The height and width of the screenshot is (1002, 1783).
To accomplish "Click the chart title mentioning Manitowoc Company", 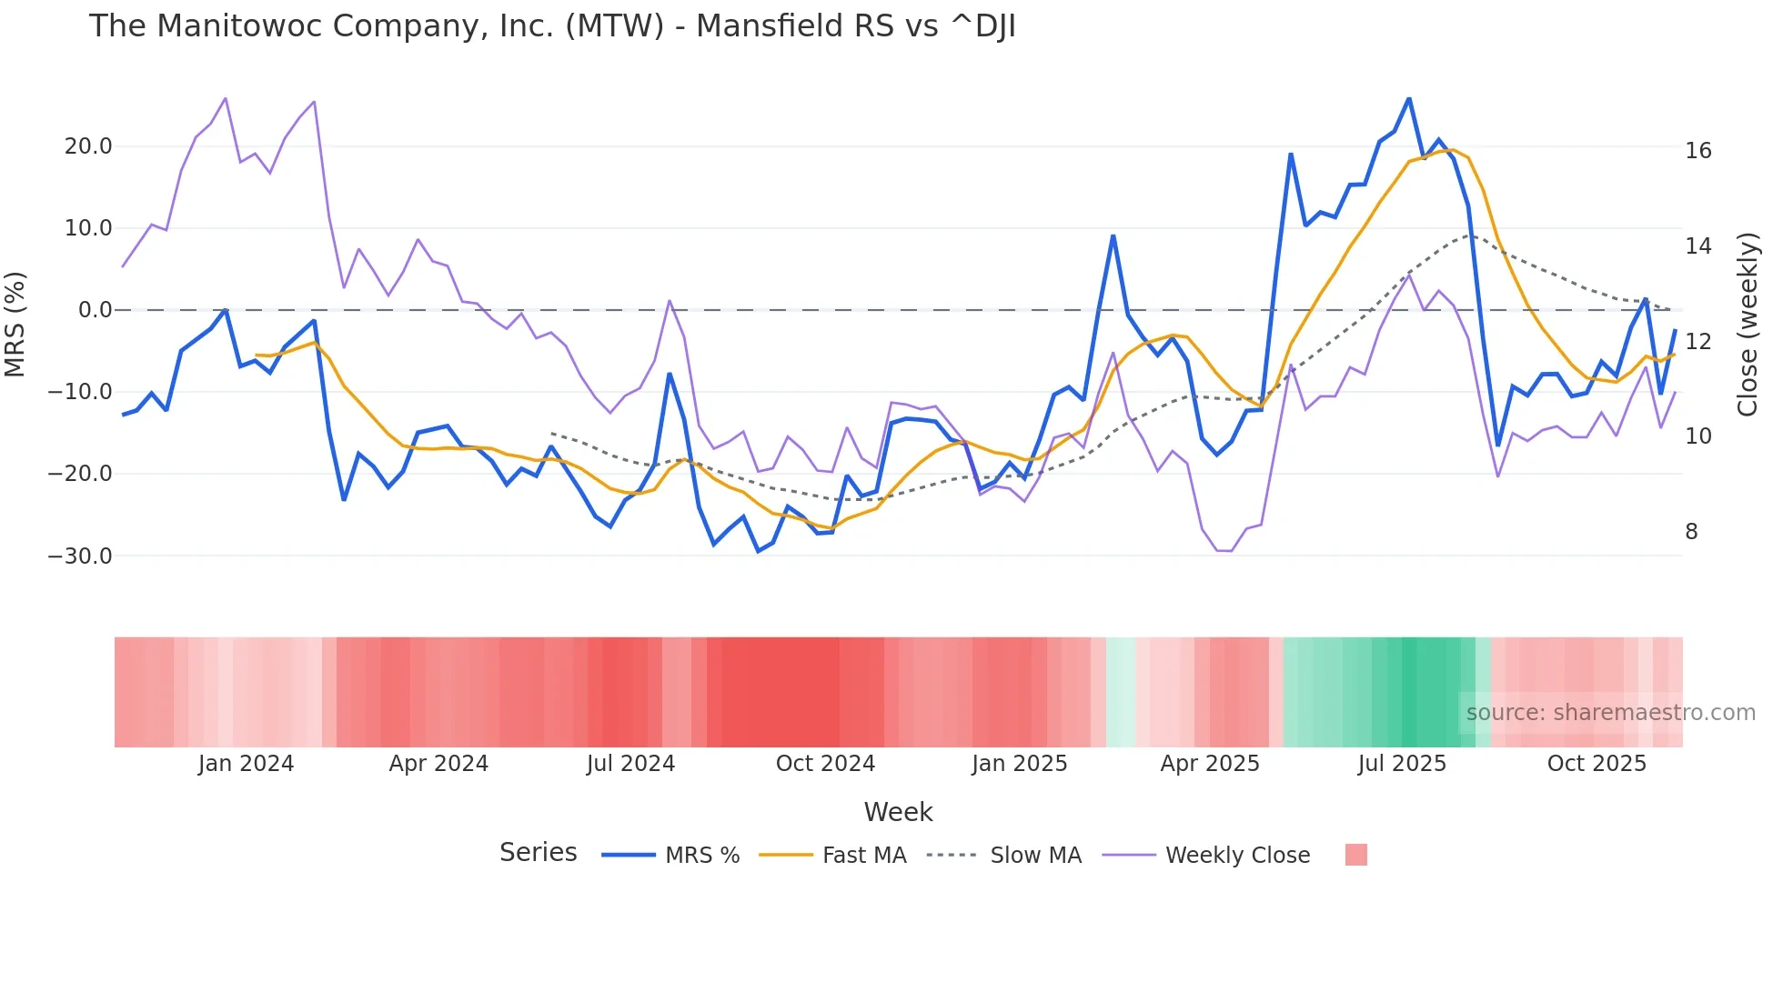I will point(552,26).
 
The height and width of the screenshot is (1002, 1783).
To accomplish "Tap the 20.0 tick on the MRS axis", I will point(88,146).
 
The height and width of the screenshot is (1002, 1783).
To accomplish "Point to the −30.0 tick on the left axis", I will point(80,556).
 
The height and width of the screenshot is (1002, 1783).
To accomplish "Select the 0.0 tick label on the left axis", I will point(96,310).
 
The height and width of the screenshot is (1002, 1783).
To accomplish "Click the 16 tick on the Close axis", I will point(1697,151).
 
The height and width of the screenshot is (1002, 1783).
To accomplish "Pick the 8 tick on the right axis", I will point(1691,532).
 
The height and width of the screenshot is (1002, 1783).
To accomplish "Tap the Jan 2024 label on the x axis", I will point(246,764).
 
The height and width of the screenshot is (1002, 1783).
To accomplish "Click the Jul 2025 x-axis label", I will point(1402,764).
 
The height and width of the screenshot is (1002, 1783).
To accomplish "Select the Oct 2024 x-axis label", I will point(825,764).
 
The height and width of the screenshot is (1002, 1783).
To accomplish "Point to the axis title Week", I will point(898,812).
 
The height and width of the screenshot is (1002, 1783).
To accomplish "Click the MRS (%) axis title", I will point(15,324).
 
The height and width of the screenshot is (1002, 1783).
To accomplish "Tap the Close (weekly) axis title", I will point(1748,325).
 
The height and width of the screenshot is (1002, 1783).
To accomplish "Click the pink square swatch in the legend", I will point(1355,855).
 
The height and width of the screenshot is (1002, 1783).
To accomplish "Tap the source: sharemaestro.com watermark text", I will point(1610,713).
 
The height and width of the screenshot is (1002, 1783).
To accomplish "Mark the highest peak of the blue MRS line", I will point(1409,98).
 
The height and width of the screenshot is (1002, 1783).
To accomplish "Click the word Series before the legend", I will point(538,853).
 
